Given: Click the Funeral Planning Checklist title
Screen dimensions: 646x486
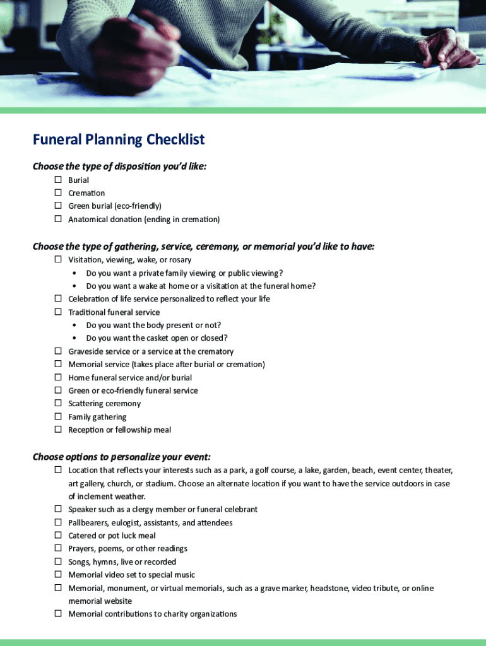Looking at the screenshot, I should point(119,139).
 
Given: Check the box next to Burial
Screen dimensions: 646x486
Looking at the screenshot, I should point(57,180).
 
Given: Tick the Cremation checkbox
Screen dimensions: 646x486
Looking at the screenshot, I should point(57,192).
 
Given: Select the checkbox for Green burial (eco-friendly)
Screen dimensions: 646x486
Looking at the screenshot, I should point(57,206).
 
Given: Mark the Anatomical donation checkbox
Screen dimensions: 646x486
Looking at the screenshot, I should point(57,219).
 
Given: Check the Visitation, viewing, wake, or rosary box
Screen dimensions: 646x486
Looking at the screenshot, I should point(57,259).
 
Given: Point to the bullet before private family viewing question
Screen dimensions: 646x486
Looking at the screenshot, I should point(75,273).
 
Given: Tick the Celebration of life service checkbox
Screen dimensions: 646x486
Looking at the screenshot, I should point(57,298).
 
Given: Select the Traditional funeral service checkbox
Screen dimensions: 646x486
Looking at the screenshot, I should point(57,312).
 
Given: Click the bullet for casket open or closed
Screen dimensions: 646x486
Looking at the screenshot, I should point(75,338).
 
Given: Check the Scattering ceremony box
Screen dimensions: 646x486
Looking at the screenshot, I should point(57,403).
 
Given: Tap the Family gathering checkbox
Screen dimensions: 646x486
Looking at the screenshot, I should point(57,416).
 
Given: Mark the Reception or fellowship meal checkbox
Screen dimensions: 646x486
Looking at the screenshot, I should point(57,430).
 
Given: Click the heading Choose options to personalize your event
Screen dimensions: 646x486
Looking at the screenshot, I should point(122,457).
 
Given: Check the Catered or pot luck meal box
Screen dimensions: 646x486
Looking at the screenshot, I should point(57,535).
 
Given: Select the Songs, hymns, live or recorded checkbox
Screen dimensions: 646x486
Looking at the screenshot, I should point(57,561).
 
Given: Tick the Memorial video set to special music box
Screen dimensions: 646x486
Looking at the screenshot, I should point(57,575).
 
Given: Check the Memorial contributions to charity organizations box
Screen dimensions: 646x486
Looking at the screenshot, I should point(57,614).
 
